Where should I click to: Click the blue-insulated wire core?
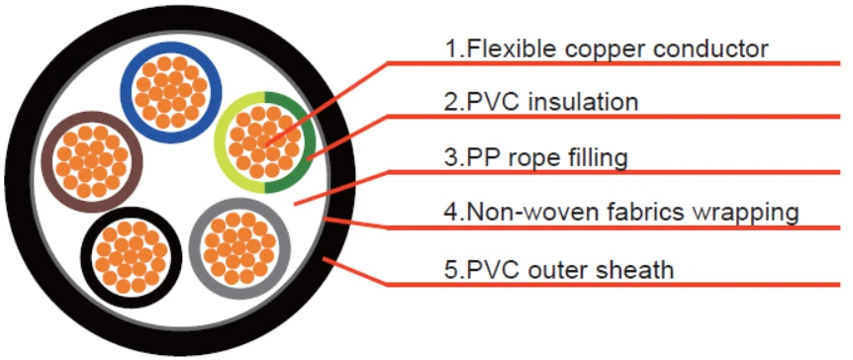click(x=171, y=92)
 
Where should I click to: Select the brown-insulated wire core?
click(x=92, y=162)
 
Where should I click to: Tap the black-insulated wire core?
click(x=131, y=258)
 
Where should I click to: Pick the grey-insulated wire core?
click(x=239, y=248)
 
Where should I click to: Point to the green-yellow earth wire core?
click(x=265, y=142)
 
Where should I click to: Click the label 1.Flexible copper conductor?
click(x=607, y=49)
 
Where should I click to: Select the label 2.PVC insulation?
click(x=541, y=102)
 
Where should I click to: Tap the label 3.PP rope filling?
click(x=535, y=158)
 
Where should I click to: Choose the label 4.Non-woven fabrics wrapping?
click(x=621, y=213)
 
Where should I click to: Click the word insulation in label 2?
click(x=584, y=102)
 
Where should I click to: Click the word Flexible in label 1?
click(x=512, y=48)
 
